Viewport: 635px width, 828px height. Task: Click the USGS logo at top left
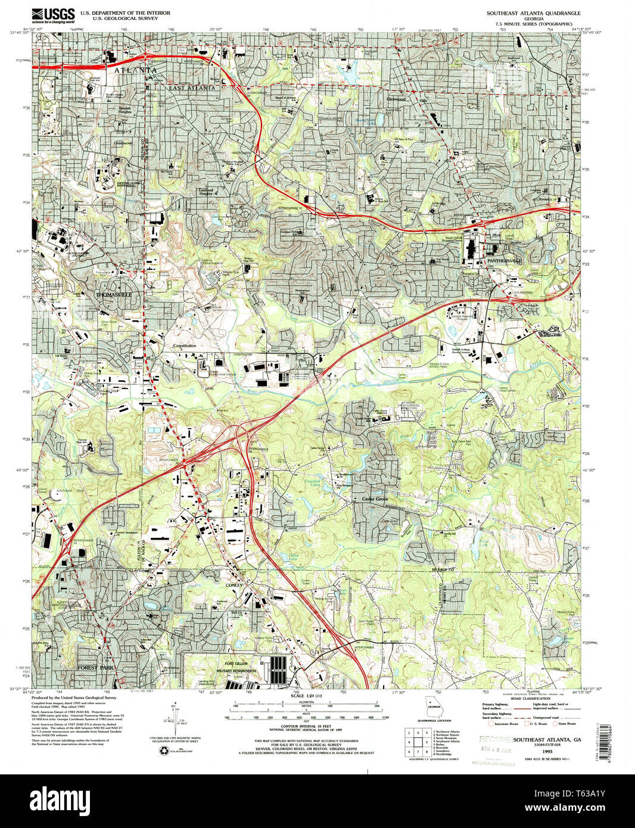coord(53,14)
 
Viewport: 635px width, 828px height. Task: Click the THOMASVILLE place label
coord(113,295)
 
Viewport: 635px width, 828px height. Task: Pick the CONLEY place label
coord(234,586)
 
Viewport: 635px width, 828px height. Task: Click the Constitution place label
coord(184,346)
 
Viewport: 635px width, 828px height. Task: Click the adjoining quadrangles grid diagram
coord(418,741)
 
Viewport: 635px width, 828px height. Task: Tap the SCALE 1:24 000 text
coord(306,696)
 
